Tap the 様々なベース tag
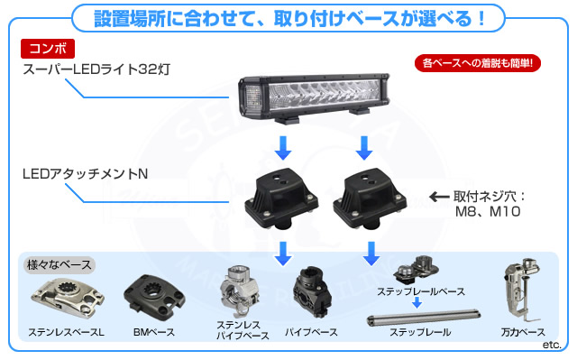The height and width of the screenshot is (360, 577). click(x=58, y=266)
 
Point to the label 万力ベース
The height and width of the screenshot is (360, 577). click(x=523, y=333)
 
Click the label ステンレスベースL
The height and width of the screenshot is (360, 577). click(x=66, y=333)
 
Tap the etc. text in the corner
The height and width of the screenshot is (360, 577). click(x=552, y=345)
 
